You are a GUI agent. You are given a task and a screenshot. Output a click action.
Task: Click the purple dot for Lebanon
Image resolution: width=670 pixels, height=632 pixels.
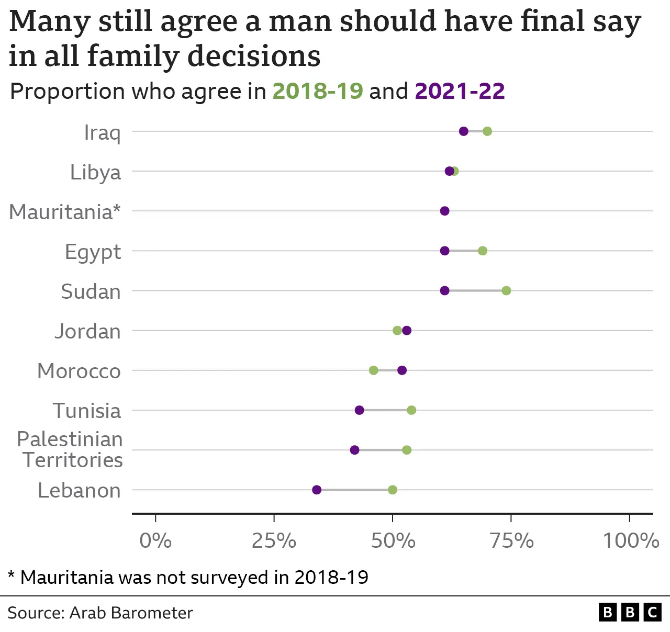317,490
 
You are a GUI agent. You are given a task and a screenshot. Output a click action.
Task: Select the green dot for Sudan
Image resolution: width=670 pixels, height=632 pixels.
506,291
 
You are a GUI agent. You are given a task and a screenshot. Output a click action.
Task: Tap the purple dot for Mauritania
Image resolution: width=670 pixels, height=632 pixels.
445,211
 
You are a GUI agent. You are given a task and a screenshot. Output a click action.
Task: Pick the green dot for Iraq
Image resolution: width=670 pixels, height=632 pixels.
487,131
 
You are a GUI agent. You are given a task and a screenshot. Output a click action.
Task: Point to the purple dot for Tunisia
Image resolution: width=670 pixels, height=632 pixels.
360,410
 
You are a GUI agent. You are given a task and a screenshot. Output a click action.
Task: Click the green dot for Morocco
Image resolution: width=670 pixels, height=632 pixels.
374,370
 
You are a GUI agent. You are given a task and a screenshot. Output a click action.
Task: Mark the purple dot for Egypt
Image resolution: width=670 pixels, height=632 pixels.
445,251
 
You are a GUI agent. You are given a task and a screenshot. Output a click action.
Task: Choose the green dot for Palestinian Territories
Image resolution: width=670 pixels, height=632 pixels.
407,450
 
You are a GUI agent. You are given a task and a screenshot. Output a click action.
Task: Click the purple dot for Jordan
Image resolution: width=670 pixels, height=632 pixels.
407,331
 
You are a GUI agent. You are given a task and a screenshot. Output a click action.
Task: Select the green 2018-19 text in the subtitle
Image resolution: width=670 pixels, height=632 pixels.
318,92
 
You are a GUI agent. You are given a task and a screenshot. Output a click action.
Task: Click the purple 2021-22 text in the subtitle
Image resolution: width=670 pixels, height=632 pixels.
460,92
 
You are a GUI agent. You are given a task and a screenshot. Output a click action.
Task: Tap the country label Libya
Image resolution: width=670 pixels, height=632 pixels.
95,173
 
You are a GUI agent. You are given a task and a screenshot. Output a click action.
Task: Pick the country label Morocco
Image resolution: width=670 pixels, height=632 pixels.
79,371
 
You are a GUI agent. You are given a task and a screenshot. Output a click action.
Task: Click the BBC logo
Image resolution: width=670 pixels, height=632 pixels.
630,612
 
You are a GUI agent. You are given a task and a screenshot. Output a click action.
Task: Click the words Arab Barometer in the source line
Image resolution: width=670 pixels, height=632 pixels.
131,613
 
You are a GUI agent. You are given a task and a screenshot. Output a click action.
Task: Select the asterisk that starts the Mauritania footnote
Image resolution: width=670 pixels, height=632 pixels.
12,576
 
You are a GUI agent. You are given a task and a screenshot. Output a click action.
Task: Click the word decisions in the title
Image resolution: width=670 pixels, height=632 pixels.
254,57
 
